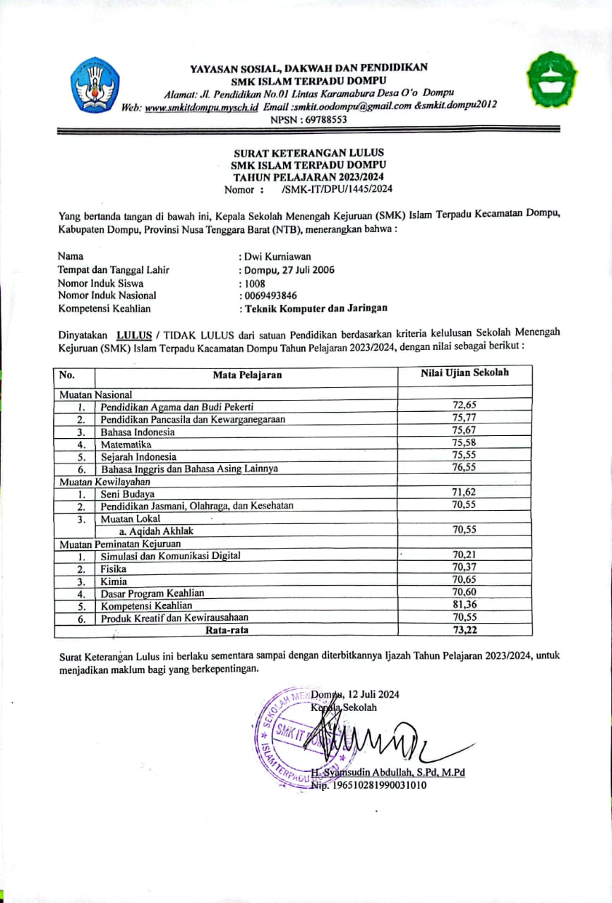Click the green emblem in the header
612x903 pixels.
[x=553, y=80]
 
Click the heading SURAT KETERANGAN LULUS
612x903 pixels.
[x=309, y=152]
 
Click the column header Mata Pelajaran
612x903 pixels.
[x=247, y=375]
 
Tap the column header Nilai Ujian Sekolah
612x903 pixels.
[x=464, y=373]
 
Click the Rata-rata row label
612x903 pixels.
[x=227, y=629]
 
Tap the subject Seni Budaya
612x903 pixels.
[x=128, y=494]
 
